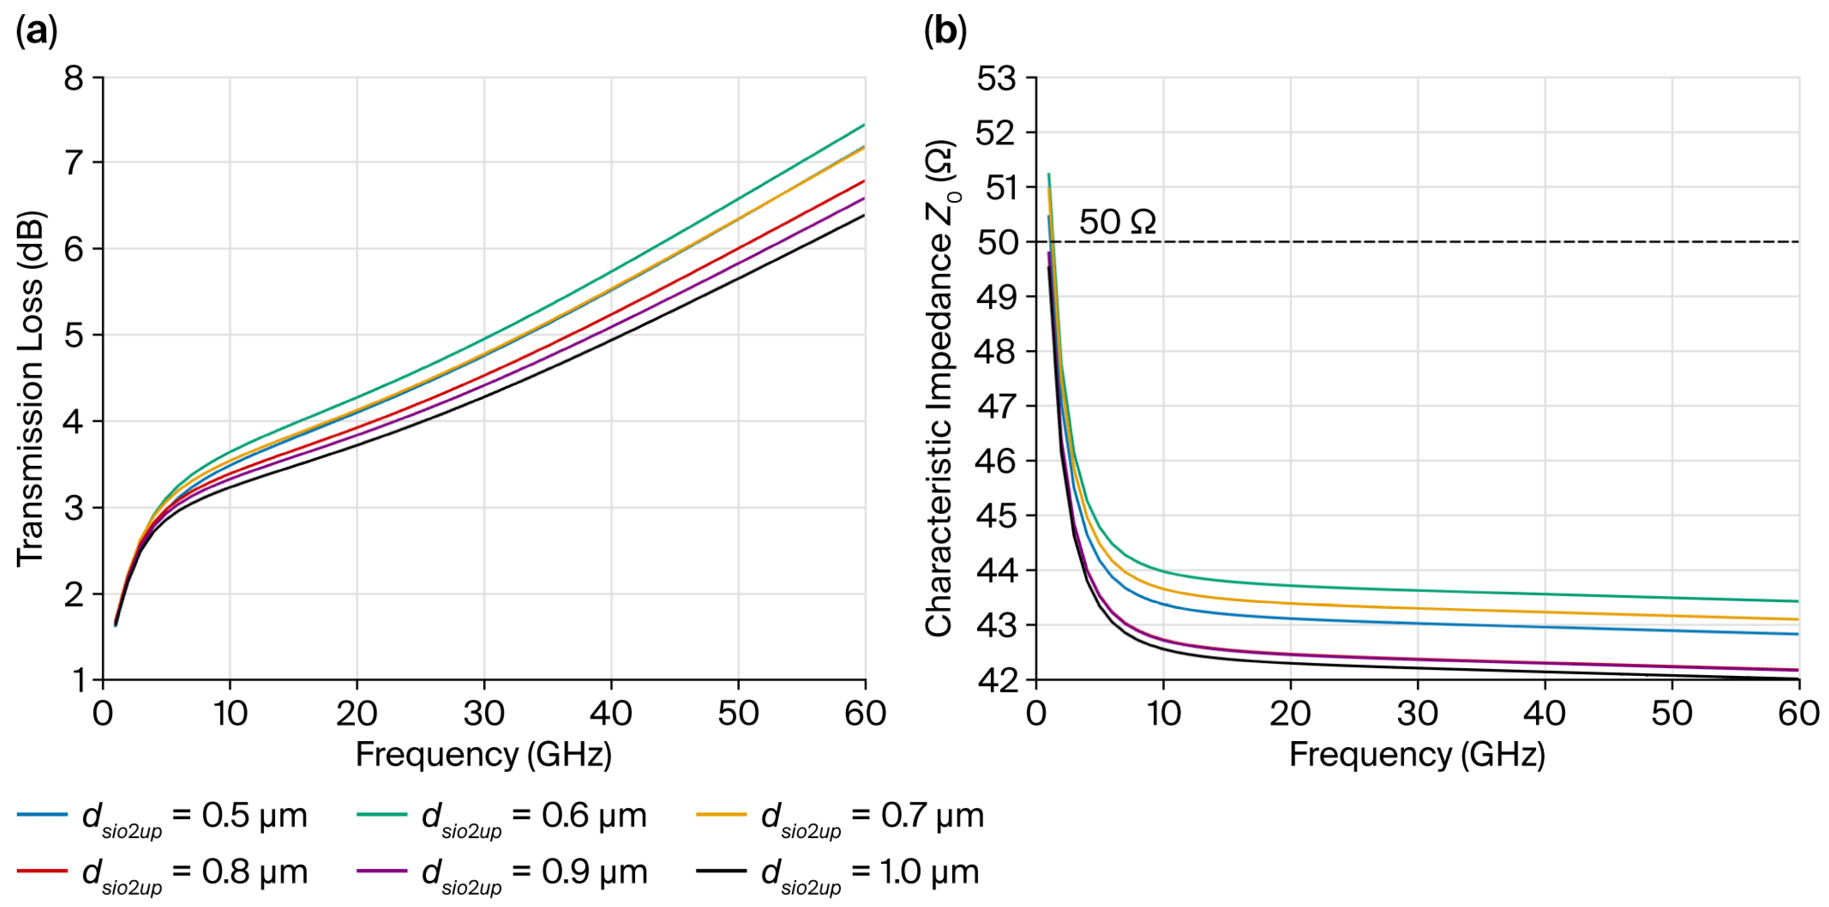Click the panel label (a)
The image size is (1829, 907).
coord(36,32)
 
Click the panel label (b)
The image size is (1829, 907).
coord(945,32)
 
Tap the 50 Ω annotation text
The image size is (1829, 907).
coord(1117,222)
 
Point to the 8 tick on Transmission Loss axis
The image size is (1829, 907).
coord(74,78)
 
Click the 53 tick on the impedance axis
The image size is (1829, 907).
coord(996,78)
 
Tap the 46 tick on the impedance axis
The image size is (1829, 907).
coord(996,461)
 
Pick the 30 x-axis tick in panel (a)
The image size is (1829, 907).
coord(484,713)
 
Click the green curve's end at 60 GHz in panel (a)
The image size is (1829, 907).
coord(864,124)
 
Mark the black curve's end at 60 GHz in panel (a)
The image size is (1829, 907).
coord(864,215)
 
